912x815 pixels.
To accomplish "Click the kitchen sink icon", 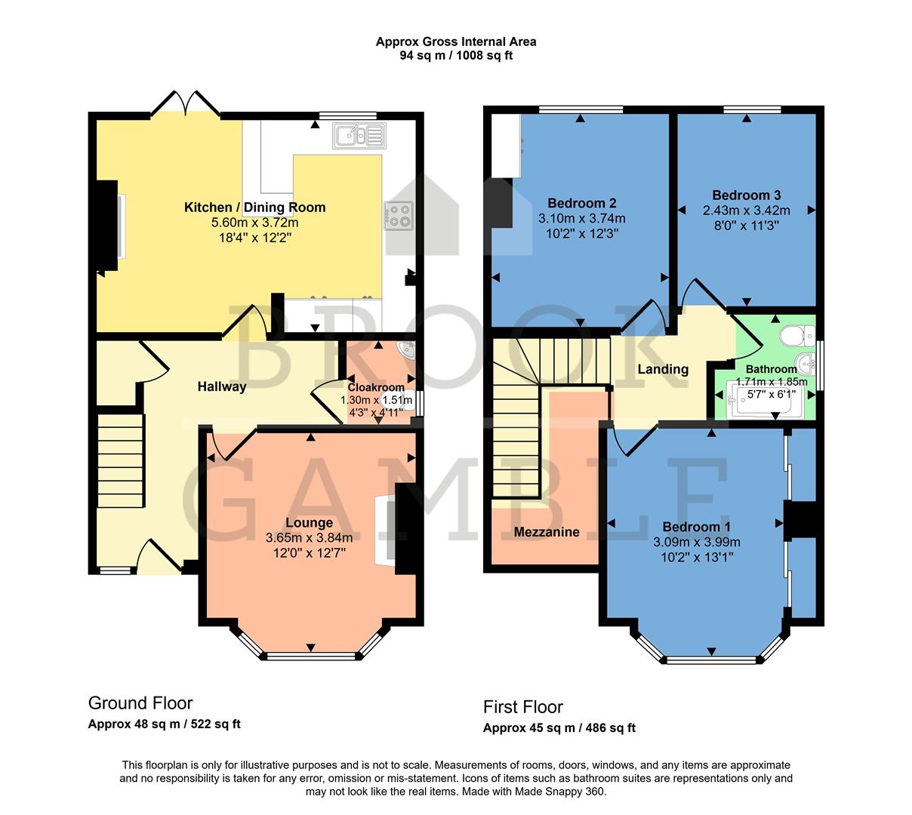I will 359,136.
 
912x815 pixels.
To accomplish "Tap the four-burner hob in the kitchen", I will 399,216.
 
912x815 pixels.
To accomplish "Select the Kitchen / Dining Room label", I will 254,208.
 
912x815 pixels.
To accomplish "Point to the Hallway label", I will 222,387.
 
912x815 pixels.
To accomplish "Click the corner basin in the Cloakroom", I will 408,350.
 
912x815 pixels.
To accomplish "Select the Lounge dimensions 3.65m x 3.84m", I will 309,538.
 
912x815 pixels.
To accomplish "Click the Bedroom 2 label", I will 581,203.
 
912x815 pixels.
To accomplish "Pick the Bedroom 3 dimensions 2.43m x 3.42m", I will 746,211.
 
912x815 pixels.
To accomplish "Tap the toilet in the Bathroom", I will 797,334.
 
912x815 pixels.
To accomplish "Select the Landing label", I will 662,369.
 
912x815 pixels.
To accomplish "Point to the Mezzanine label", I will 547,532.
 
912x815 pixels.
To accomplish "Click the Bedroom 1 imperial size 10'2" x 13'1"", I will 696,557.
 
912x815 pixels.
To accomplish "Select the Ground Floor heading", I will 140,703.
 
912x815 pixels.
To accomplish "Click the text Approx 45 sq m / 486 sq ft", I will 559,728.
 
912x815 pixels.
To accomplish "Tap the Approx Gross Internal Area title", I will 456,42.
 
